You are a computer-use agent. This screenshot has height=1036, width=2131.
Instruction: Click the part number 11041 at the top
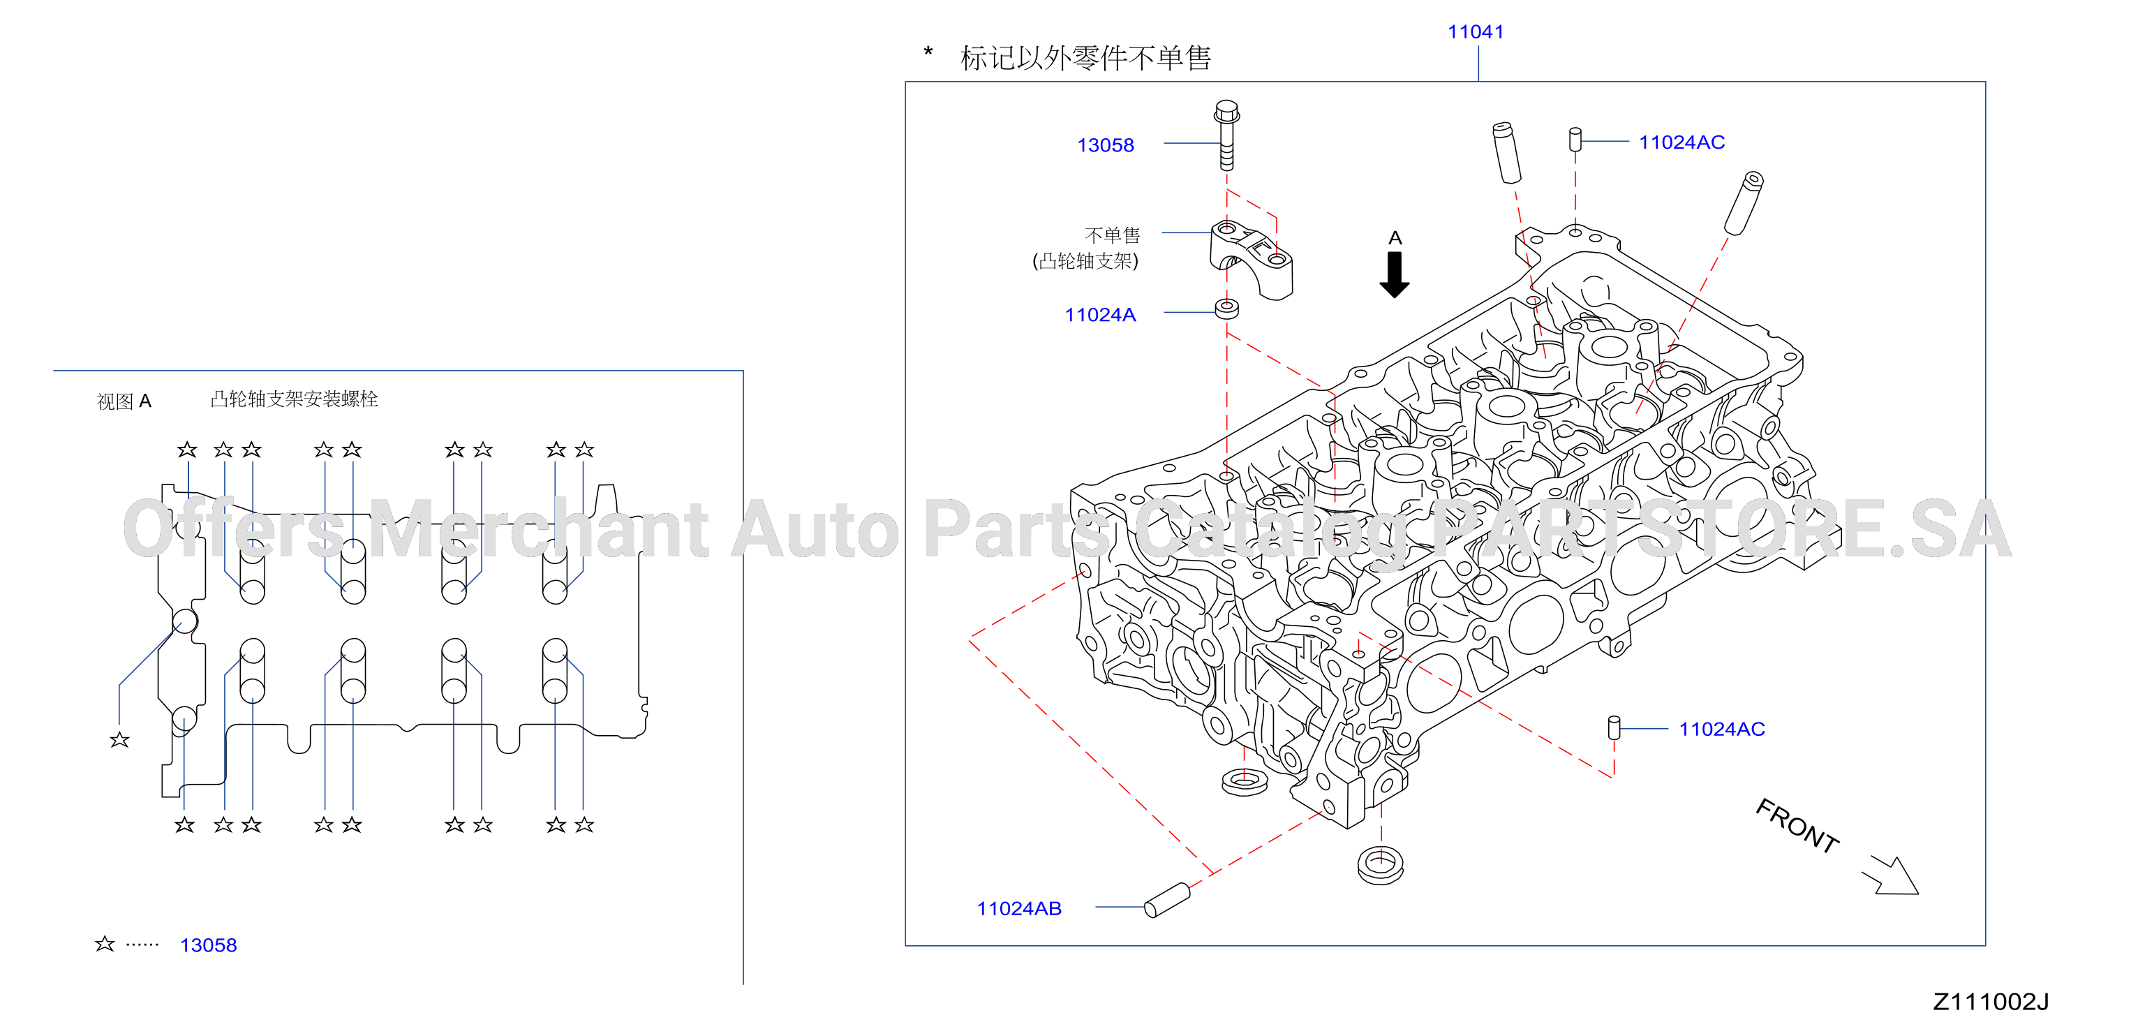[x=1475, y=31]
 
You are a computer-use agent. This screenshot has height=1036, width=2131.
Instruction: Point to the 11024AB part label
[x=1019, y=908]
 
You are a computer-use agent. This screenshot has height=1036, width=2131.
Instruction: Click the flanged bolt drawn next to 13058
[x=1227, y=135]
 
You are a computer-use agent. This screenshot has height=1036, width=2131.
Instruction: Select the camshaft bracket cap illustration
[x=1251, y=259]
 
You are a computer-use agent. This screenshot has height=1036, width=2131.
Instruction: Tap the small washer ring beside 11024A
[x=1227, y=309]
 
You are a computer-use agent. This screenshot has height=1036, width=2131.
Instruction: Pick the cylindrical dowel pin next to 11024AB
[x=1167, y=901]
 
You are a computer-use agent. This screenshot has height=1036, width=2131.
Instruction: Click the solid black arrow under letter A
[x=1395, y=274]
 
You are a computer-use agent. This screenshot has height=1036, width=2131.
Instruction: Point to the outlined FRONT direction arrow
[x=1891, y=876]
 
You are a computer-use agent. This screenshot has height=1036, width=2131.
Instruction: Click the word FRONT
[x=1797, y=825]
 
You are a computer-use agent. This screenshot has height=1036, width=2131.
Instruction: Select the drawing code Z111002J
[x=1991, y=1002]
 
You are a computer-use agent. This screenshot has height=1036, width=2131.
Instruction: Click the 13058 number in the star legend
[x=209, y=945]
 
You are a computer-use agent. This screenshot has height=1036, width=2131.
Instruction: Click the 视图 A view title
[x=124, y=401]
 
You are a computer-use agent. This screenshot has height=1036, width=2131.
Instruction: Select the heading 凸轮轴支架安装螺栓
[x=295, y=399]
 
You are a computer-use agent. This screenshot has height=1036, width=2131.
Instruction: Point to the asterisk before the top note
[x=928, y=53]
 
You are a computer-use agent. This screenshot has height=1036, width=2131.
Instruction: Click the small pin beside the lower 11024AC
[x=1613, y=727]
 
